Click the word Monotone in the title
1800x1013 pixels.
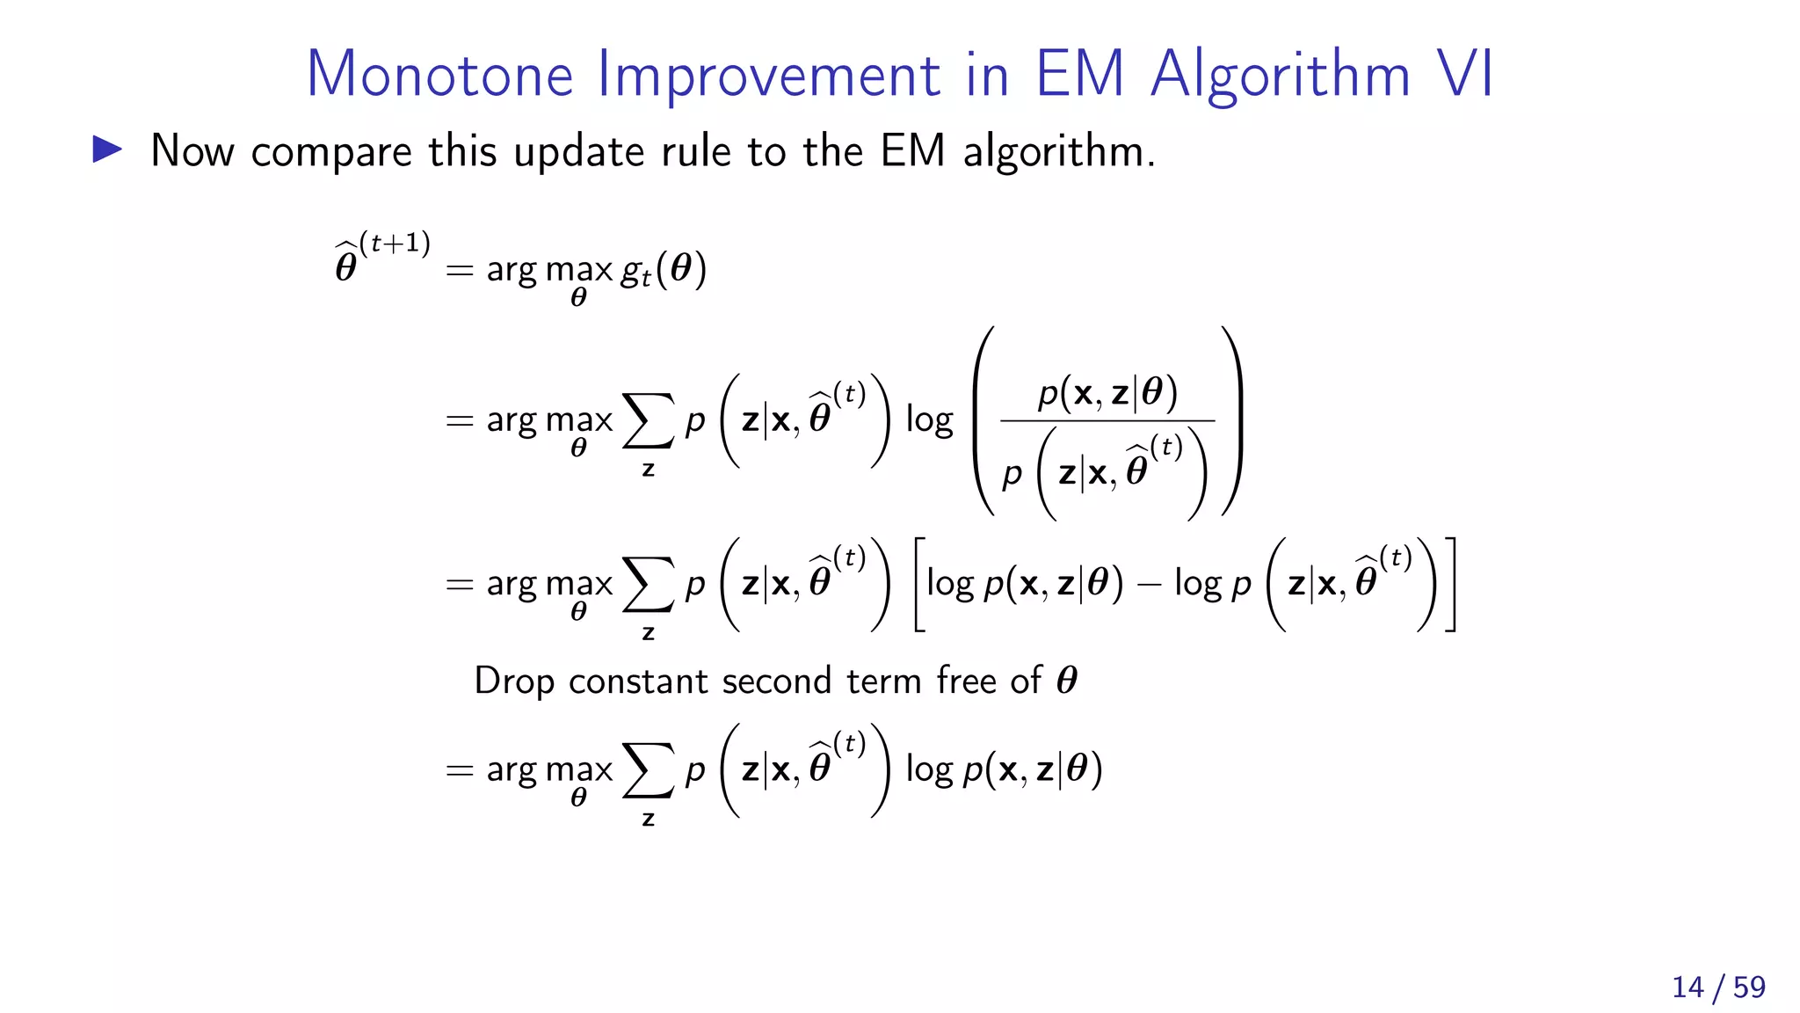tap(439, 74)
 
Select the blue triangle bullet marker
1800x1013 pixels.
tap(107, 149)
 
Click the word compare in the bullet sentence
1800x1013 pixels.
tap(331, 152)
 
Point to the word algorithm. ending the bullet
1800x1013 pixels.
tap(1058, 152)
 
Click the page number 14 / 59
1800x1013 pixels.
tap(1718, 987)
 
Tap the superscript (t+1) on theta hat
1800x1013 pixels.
tap(395, 243)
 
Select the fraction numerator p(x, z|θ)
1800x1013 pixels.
tap(1107, 392)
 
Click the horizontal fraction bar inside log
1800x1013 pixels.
tap(1107, 421)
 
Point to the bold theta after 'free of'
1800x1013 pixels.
tap(1066, 681)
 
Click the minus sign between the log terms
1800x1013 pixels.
tap(1149, 584)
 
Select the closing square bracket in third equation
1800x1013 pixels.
tap(1450, 584)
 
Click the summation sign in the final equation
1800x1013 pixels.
tap(648, 770)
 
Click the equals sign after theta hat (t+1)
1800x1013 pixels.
tap(459, 270)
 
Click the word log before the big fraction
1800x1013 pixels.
tap(929, 420)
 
